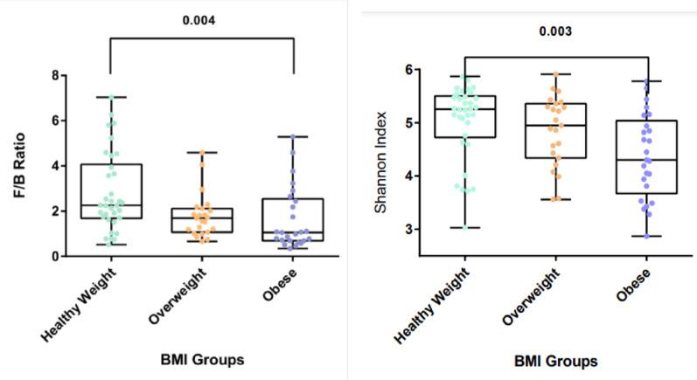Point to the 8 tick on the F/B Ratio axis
click(56, 75)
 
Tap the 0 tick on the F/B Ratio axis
click(56, 256)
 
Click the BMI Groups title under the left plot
click(200, 358)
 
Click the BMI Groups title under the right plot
click(556, 361)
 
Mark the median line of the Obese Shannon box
click(647, 160)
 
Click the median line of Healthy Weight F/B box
click(110, 205)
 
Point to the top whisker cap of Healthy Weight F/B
click(110, 97)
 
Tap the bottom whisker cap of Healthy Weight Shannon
click(466, 227)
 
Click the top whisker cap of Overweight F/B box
click(201, 153)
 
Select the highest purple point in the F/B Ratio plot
click(293, 136)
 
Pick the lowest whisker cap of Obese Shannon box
click(647, 236)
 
